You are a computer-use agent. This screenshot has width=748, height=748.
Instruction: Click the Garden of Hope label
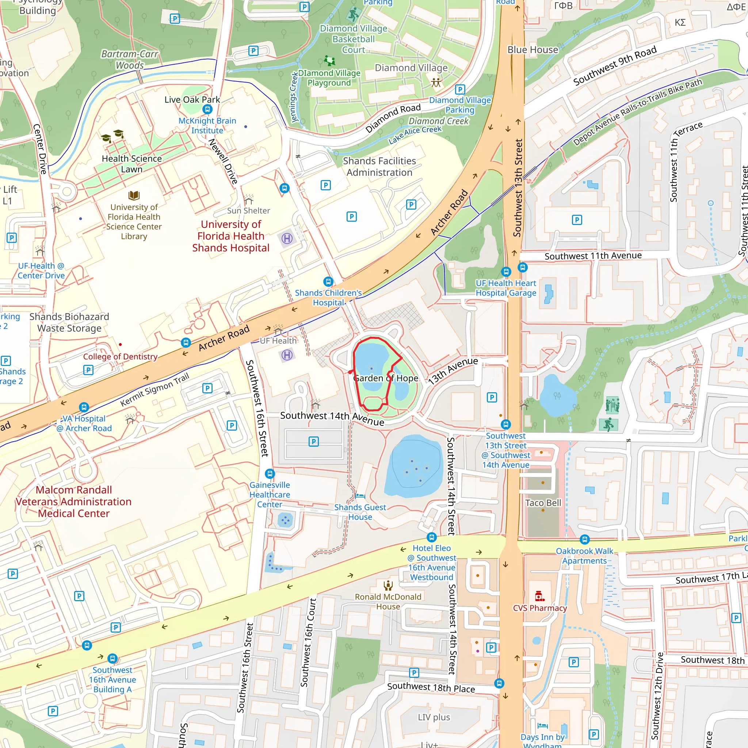tap(386, 378)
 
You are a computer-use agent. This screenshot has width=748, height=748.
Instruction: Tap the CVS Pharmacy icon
tap(539, 596)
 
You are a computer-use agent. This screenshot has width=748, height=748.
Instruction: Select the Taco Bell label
tap(543, 503)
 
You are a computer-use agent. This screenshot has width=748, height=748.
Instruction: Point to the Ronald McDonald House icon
tap(388, 585)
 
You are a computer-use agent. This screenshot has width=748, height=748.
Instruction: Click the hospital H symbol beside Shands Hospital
tap(287, 238)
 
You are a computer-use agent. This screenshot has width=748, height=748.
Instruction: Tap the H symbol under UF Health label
tap(287, 355)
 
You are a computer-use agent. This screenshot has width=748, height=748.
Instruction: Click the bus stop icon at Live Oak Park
tap(207, 109)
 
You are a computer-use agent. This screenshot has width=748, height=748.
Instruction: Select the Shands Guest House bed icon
tap(360, 496)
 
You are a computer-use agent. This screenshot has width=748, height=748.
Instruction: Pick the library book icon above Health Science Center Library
tap(134, 195)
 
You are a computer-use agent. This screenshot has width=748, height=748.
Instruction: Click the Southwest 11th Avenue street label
tap(593, 256)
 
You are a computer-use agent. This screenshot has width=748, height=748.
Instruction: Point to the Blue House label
tap(533, 50)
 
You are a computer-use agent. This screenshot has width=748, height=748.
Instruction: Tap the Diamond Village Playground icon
tap(329, 60)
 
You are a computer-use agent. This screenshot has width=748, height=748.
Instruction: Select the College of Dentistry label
tap(120, 356)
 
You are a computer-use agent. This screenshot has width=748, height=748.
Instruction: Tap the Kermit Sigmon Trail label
tap(154, 389)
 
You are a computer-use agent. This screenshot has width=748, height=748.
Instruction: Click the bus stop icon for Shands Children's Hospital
tap(328, 282)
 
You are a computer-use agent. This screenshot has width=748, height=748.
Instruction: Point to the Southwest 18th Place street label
tap(431, 688)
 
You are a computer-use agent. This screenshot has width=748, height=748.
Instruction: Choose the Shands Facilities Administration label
tap(379, 167)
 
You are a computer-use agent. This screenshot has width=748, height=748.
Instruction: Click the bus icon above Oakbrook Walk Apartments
tap(585, 539)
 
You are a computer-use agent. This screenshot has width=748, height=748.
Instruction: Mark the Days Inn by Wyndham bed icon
tap(542, 725)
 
